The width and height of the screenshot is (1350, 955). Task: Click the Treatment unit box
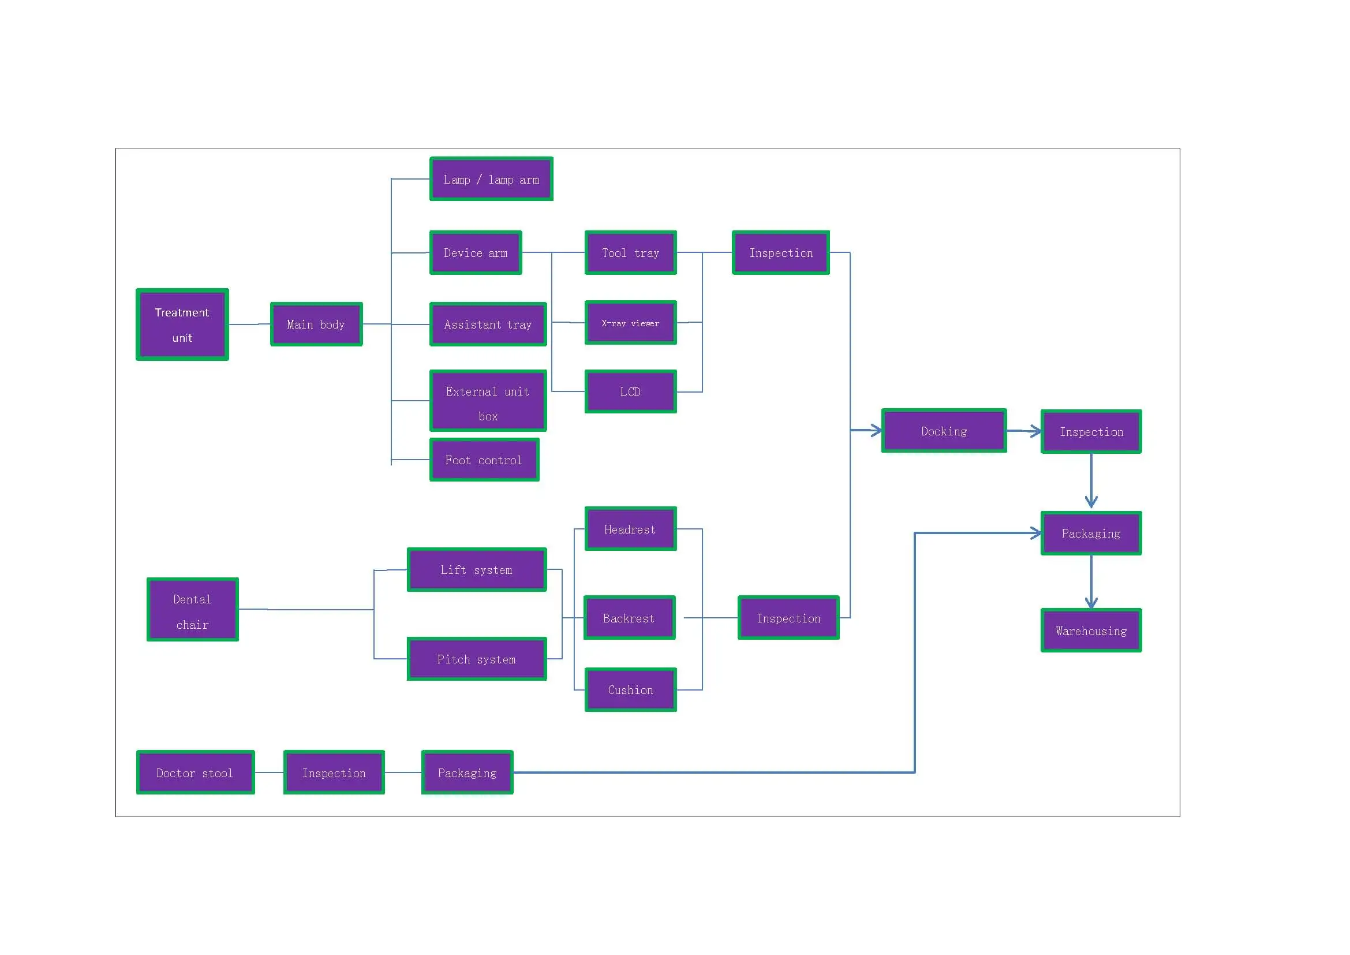[182, 324]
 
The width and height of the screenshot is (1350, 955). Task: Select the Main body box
[316, 324]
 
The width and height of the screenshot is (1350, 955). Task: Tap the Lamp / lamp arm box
[491, 180]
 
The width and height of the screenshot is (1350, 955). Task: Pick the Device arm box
[476, 253]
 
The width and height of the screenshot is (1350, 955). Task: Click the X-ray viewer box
[630, 323]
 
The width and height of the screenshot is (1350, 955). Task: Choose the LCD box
[630, 391]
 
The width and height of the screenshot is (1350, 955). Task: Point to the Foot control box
[484, 460]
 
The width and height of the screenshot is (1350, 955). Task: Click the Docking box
[944, 431]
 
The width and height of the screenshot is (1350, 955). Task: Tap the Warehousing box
[1091, 631]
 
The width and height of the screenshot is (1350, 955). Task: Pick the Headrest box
[630, 529]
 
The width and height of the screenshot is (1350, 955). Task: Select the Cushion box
[630, 690]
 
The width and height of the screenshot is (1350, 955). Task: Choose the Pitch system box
[477, 659]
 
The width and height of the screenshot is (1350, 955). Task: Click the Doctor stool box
[195, 773]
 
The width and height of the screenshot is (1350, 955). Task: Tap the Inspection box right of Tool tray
[781, 253]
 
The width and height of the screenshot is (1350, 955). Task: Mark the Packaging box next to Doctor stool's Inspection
[468, 773]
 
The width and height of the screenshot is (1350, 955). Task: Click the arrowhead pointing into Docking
[876, 431]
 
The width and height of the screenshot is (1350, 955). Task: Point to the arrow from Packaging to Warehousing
[1091, 582]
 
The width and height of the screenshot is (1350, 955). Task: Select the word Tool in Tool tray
[614, 253]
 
